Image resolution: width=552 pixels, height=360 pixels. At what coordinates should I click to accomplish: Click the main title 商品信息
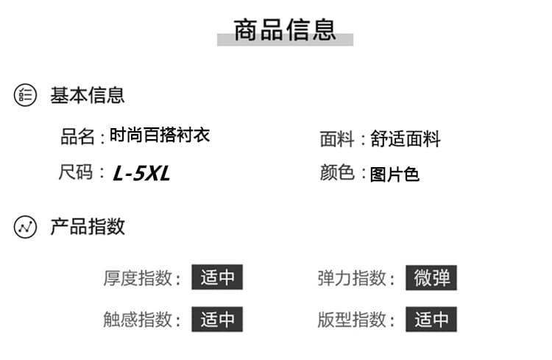(285, 30)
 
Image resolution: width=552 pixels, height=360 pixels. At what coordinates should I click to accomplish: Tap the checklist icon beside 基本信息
(25, 95)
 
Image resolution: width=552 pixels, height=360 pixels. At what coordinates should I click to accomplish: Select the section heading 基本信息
(88, 95)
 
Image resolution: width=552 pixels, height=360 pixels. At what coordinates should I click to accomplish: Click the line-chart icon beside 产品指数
(25, 227)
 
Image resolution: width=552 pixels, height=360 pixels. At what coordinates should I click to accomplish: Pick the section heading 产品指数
(88, 227)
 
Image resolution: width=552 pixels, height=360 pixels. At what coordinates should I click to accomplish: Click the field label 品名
(77, 136)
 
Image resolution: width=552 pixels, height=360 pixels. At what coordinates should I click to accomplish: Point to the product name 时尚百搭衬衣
(160, 135)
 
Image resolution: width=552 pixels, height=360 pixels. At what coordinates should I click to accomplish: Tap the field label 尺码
(76, 172)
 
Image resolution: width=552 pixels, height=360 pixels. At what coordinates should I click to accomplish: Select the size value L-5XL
(141, 173)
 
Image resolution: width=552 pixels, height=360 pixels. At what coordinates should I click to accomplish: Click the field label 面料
(337, 139)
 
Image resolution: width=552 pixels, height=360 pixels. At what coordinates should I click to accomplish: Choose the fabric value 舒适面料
(406, 139)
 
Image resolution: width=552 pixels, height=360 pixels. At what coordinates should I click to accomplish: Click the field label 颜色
(337, 172)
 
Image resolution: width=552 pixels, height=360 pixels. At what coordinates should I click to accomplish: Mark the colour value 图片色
(394, 174)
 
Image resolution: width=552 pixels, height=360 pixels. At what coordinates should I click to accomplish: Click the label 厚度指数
(138, 278)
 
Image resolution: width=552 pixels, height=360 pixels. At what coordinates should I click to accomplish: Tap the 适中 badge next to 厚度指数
(217, 277)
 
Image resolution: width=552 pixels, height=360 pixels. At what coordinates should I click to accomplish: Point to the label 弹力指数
(352, 278)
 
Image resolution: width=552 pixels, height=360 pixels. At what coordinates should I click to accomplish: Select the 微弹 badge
(431, 278)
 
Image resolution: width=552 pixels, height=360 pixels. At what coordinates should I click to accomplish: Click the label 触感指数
(138, 320)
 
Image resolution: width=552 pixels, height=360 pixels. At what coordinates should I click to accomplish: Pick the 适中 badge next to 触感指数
(217, 319)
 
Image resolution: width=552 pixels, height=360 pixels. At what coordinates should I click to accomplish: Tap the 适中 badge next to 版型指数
(431, 319)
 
